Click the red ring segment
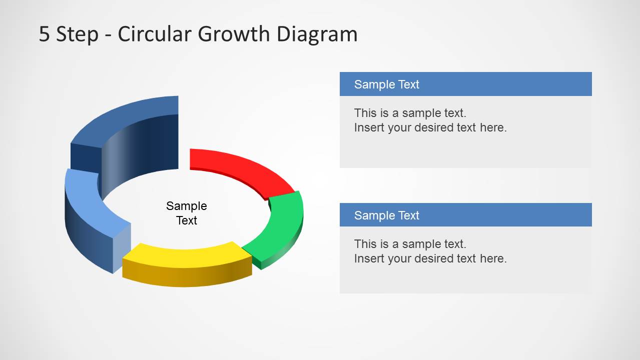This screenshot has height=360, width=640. [240, 167]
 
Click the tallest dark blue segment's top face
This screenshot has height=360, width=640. [125, 120]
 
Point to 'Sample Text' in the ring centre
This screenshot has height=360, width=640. [187, 213]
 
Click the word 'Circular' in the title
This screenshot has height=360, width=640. [155, 34]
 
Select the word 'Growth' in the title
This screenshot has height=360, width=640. [235, 34]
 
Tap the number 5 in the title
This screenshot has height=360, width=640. [45, 34]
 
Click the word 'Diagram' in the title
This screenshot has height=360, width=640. [317, 34]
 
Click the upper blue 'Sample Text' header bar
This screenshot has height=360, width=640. [465, 84]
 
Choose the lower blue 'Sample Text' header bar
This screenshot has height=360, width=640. [465, 215]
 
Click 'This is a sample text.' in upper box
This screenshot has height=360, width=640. [410, 113]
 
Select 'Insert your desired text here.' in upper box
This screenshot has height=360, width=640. [430, 127]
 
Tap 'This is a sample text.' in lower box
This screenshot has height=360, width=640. [410, 244]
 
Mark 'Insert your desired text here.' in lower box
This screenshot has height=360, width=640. [430, 258]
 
